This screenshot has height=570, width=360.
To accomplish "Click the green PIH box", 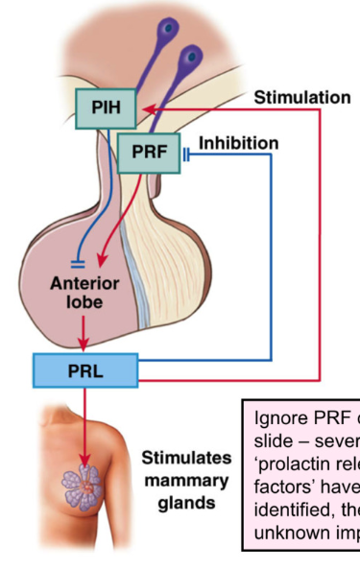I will click(106, 107).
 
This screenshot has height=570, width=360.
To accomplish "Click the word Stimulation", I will click(301, 98).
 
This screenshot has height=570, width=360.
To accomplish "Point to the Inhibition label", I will click(238, 144).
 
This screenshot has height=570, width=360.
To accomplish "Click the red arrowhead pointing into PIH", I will click(144, 109).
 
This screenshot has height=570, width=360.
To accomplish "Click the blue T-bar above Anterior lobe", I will click(79, 259).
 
